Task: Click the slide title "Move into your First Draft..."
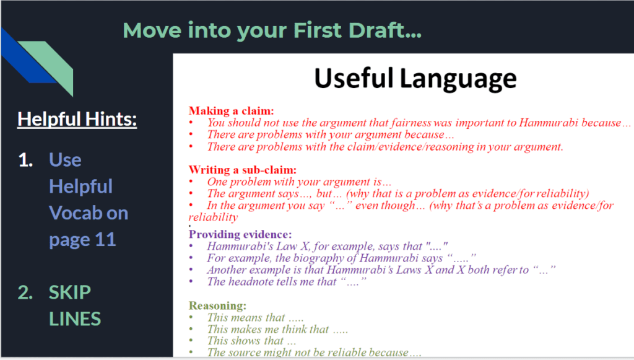272,30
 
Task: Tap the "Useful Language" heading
415,79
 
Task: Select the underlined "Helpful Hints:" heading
77,120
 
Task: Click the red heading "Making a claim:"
232,111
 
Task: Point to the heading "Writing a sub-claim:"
243,170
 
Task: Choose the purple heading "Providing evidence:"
240,235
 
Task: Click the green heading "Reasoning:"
217,305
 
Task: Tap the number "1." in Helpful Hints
25,160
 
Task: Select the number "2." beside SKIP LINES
25,292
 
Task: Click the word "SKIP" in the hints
70,292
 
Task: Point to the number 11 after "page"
105,239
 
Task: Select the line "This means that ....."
255,317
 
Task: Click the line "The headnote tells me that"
287,281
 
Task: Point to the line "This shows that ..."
251,341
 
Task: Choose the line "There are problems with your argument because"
331,134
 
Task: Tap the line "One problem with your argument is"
299,182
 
